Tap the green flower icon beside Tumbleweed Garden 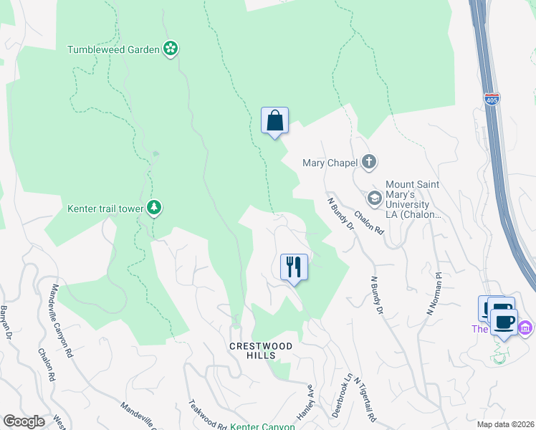pyautogui.click(x=171, y=49)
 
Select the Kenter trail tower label pyautogui.click(x=105, y=209)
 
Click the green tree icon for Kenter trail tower pyautogui.click(x=154, y=208)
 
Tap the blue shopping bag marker pyautogui.click(x=274, y=121)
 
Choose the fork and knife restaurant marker pyautogui.click(x=294, y=267)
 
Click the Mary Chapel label pyautogui.click(x=330, y=163)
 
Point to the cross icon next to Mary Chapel pyautogui.click(x=369, y=162)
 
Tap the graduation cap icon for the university pyautogui.click(x=374, y=197)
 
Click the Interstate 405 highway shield pyautogui.click(x=492, y=100)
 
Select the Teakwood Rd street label pyautogui.click(x=203, y=415)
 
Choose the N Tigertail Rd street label pyautogui.click(x=365, y=399)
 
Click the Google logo pyautogui.click(x=23, y=421)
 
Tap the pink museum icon pyautogui.click(x=525, y=328)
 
